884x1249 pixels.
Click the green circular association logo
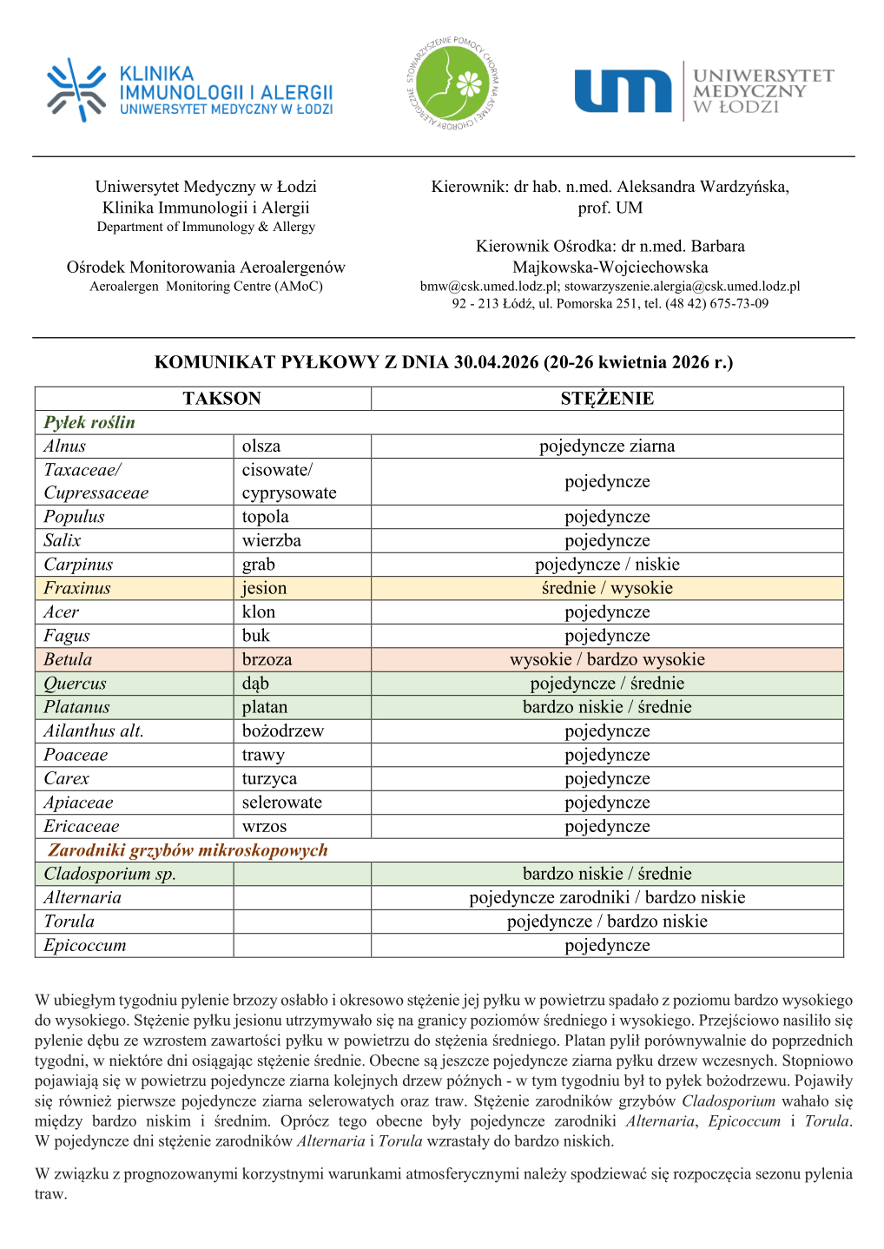click(x=453, y=84)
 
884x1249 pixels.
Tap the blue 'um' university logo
click(x=622, y=91)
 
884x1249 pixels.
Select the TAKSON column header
click(x=221, y=399)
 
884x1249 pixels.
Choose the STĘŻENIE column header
click(x=607, y=399)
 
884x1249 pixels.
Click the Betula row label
click(x=68, y=659)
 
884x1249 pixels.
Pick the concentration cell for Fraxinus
click(x=607, y=588)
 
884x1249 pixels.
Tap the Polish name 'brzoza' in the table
click(x=267, y=659)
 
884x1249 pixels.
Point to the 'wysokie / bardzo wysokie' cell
click(x=607, y=659)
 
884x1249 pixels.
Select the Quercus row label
click(x=75, y=684)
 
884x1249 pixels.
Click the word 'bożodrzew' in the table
click(x=282, y=731)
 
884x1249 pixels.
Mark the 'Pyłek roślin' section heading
click(x=89, y=422)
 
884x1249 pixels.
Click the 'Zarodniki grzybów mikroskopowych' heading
click(x=188, y=850)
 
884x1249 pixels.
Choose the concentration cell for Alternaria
click(x=607, y=897)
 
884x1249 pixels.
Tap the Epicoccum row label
click(x=85, y=945)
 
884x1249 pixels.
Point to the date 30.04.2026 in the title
click(x=496, y=362)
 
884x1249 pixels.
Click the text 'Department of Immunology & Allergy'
click(x=206, y=227)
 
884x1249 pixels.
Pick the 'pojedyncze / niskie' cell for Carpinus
click(x=607, y=565)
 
